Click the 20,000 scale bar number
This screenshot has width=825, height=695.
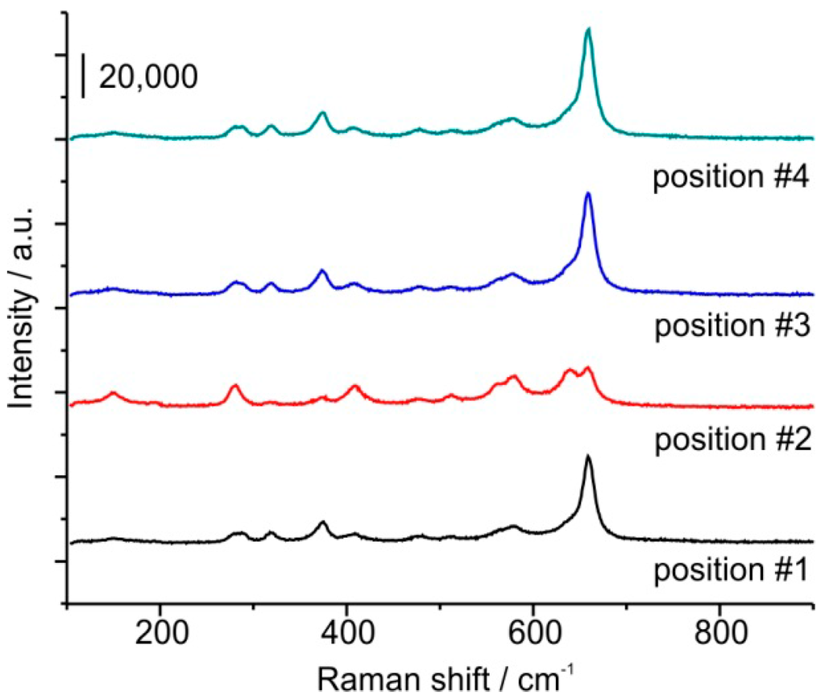coord(147,77)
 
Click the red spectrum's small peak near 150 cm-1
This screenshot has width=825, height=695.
coord(114,393)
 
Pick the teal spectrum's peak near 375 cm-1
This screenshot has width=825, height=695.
coord(322,113)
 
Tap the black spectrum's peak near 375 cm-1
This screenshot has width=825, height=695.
coord(322,523)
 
